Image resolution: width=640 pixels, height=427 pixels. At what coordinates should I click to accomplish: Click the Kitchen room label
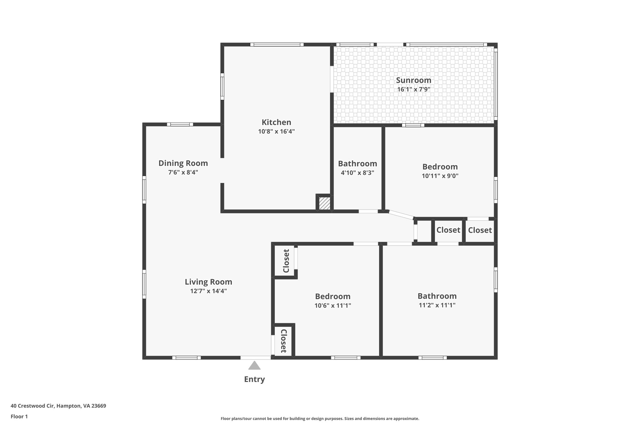pyautogui.click(x=276, y=122)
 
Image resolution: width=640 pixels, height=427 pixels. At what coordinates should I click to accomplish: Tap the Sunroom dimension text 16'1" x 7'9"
pyautogui.click(x=413, y=89)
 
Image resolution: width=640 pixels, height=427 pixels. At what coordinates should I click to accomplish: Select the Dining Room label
pyautogui.click(x=183, y=163)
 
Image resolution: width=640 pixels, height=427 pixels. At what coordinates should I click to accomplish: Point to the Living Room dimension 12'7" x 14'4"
pyautogui.click(x=208, y=291)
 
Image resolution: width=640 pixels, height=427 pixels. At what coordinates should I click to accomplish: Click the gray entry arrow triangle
pyautogui.click(x=254, y=366)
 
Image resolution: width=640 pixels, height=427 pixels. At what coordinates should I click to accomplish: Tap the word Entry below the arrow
pyautogui.click(x=254, y=379)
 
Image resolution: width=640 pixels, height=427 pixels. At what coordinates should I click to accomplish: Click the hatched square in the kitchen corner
pyautogui.click(x=324, y=203)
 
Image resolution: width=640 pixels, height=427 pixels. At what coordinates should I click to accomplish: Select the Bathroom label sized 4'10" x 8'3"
pyautogui.click(x=357, y=164)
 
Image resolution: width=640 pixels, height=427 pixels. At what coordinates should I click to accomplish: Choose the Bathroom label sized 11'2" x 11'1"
pyautogui.click(x=437, y=296)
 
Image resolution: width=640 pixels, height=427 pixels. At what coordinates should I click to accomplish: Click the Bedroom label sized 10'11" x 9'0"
pyautogui.click(x=440, y=167)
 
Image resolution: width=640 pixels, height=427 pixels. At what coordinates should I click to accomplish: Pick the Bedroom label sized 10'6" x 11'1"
pyautogui.click(x=332, y=297)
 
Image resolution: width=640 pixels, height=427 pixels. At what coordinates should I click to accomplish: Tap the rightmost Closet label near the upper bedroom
pyautogui.click(x=480, y=231)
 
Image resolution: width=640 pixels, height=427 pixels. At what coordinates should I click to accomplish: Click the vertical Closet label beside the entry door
pyautogui.click(x=283, y=341)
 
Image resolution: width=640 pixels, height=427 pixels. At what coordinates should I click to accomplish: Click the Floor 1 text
pyautogui.click(x=19, y=417)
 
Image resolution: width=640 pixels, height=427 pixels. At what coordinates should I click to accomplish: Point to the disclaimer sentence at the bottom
pyautogui.click(x=320, y=419)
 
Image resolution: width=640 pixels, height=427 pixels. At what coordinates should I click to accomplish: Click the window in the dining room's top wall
pyautogui.click(x=180, y=125)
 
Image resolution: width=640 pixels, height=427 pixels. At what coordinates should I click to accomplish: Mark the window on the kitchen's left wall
pyautogui.click(x=222, y=86)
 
